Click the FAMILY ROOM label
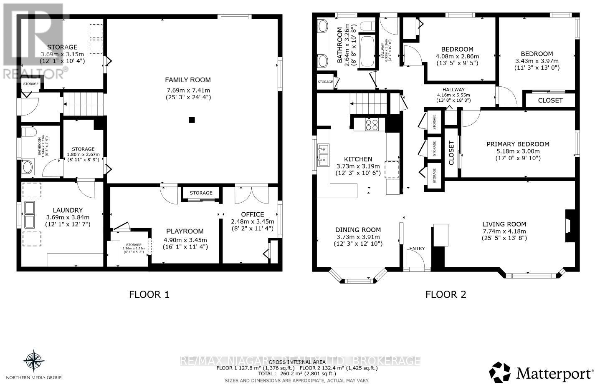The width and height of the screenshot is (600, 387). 187,80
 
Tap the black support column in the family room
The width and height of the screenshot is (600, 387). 191,121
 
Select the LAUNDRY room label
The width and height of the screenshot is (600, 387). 67,210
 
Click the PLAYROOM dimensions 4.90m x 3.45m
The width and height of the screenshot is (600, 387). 185,240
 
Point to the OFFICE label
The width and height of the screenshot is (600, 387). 253,214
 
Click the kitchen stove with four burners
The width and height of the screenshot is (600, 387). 372,125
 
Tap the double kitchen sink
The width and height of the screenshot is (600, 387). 323,153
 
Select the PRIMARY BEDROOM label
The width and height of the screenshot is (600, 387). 518,144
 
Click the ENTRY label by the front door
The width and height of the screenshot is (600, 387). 417,249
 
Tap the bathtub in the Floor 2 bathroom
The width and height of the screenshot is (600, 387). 367,52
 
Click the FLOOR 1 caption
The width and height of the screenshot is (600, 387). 149,294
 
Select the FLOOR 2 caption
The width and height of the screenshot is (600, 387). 446,294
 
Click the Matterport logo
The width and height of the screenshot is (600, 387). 541,372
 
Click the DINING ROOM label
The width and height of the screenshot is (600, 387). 358,230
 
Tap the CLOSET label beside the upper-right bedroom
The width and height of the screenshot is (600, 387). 550,101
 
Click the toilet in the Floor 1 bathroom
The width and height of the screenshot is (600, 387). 28,133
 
